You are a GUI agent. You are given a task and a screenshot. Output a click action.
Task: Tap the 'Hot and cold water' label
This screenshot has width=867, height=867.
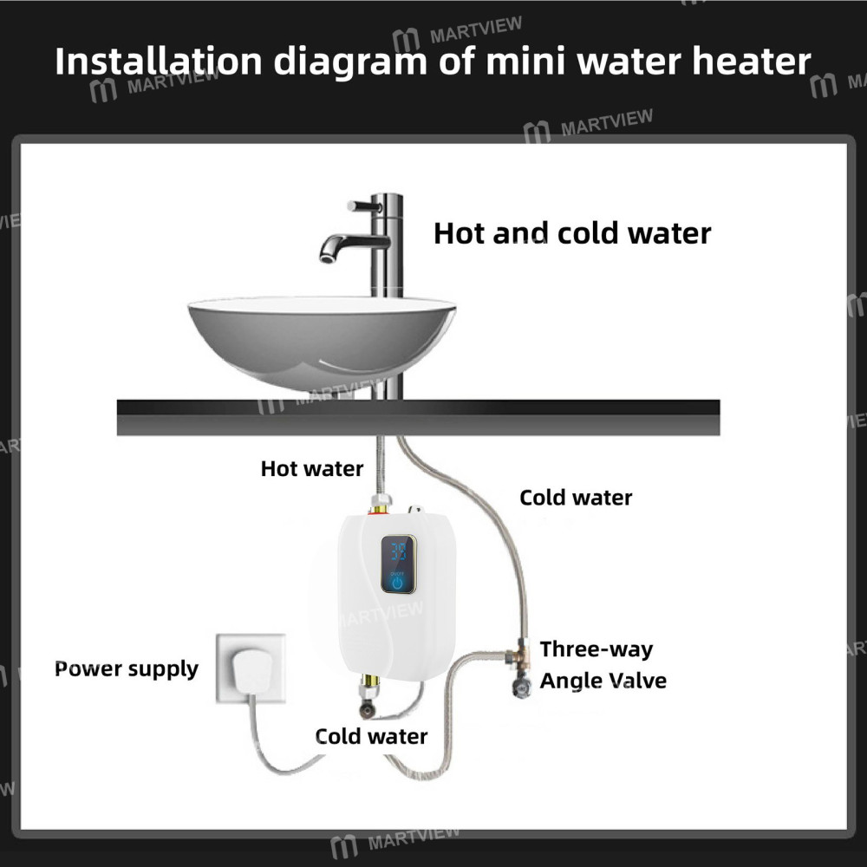572,232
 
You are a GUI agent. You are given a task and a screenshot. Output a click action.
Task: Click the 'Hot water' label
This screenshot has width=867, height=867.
312,469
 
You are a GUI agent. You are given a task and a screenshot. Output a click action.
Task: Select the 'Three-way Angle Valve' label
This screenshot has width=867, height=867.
603,665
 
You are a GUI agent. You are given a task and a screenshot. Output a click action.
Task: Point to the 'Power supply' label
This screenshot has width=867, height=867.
127,669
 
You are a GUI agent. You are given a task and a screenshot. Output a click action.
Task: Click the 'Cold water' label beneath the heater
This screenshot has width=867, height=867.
371,737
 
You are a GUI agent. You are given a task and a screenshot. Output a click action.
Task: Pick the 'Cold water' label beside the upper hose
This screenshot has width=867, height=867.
576,498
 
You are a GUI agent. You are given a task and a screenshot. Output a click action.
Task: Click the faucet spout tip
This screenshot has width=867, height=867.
329,253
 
